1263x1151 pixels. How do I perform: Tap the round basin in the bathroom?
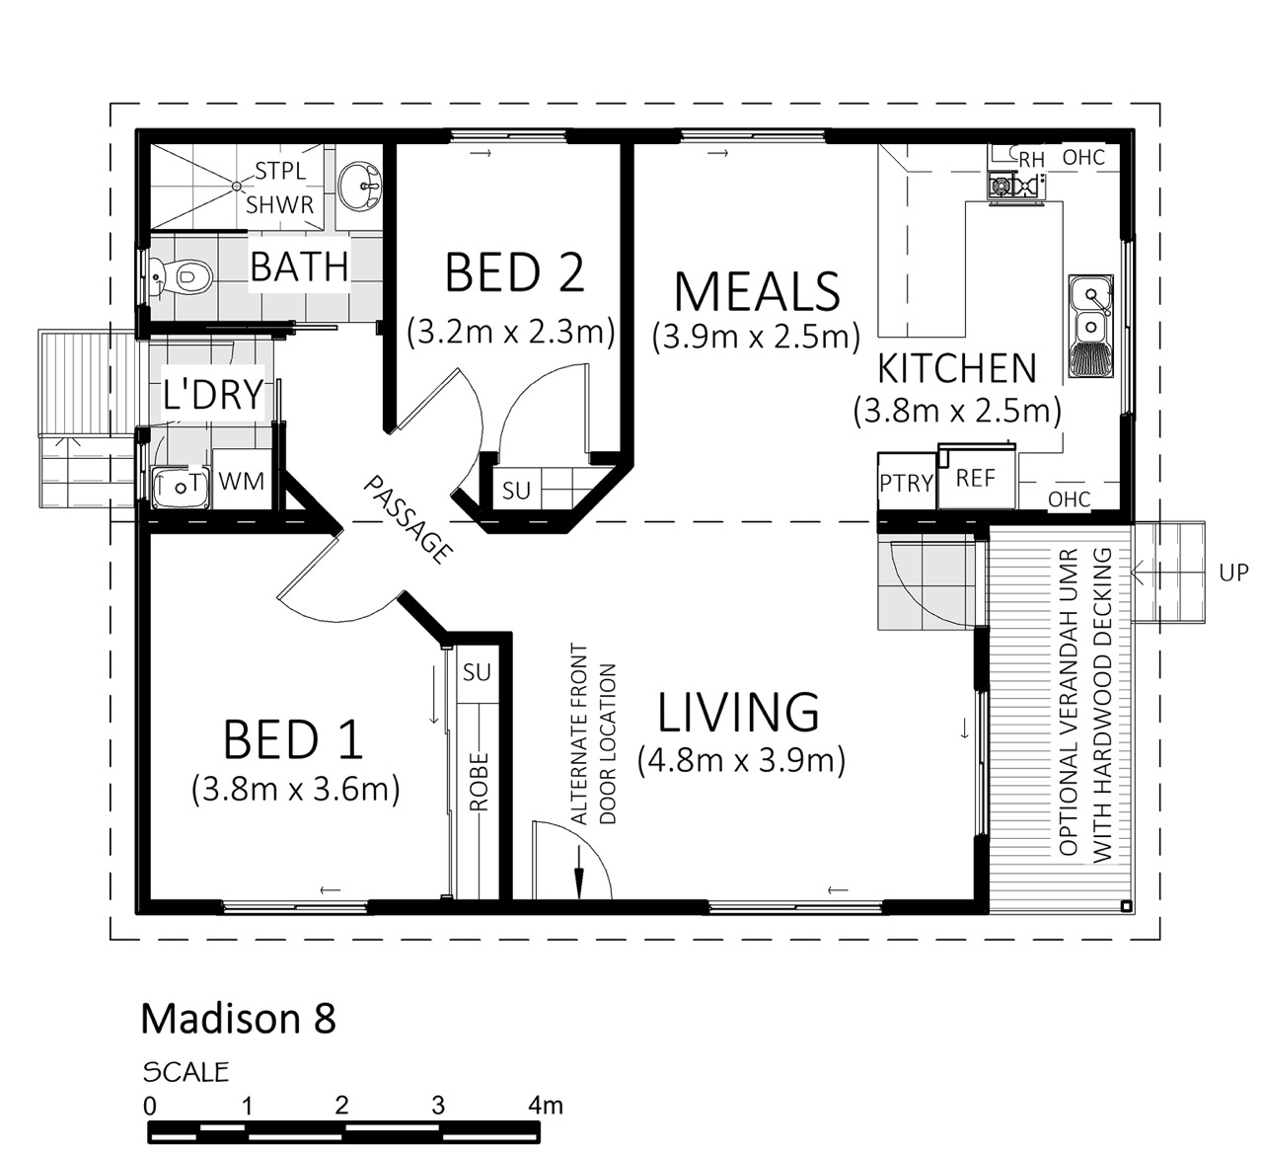(359, 186)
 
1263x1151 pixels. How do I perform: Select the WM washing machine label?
(242, 482)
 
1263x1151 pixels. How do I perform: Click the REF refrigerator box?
(976, 478)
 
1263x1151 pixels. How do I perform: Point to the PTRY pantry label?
(907, 484)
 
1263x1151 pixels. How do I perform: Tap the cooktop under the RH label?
(1015, 186)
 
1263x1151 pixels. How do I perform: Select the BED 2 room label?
(515, 272)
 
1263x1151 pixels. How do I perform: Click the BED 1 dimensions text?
(295, 788)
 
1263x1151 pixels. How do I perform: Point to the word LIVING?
(738, 712)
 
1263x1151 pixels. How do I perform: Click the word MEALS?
(757, 291)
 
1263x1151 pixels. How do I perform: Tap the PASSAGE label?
(408, 520)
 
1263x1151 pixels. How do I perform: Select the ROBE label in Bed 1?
(479, 781)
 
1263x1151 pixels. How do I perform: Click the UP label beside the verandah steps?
(1234, 573)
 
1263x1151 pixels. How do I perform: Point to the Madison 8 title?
(239, 1019)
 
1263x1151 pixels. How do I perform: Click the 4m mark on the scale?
(546, 1105)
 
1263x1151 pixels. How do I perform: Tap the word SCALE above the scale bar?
(186, 1072)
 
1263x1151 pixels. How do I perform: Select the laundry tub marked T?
(182, 487)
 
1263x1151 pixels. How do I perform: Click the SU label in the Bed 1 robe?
(477, 673)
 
